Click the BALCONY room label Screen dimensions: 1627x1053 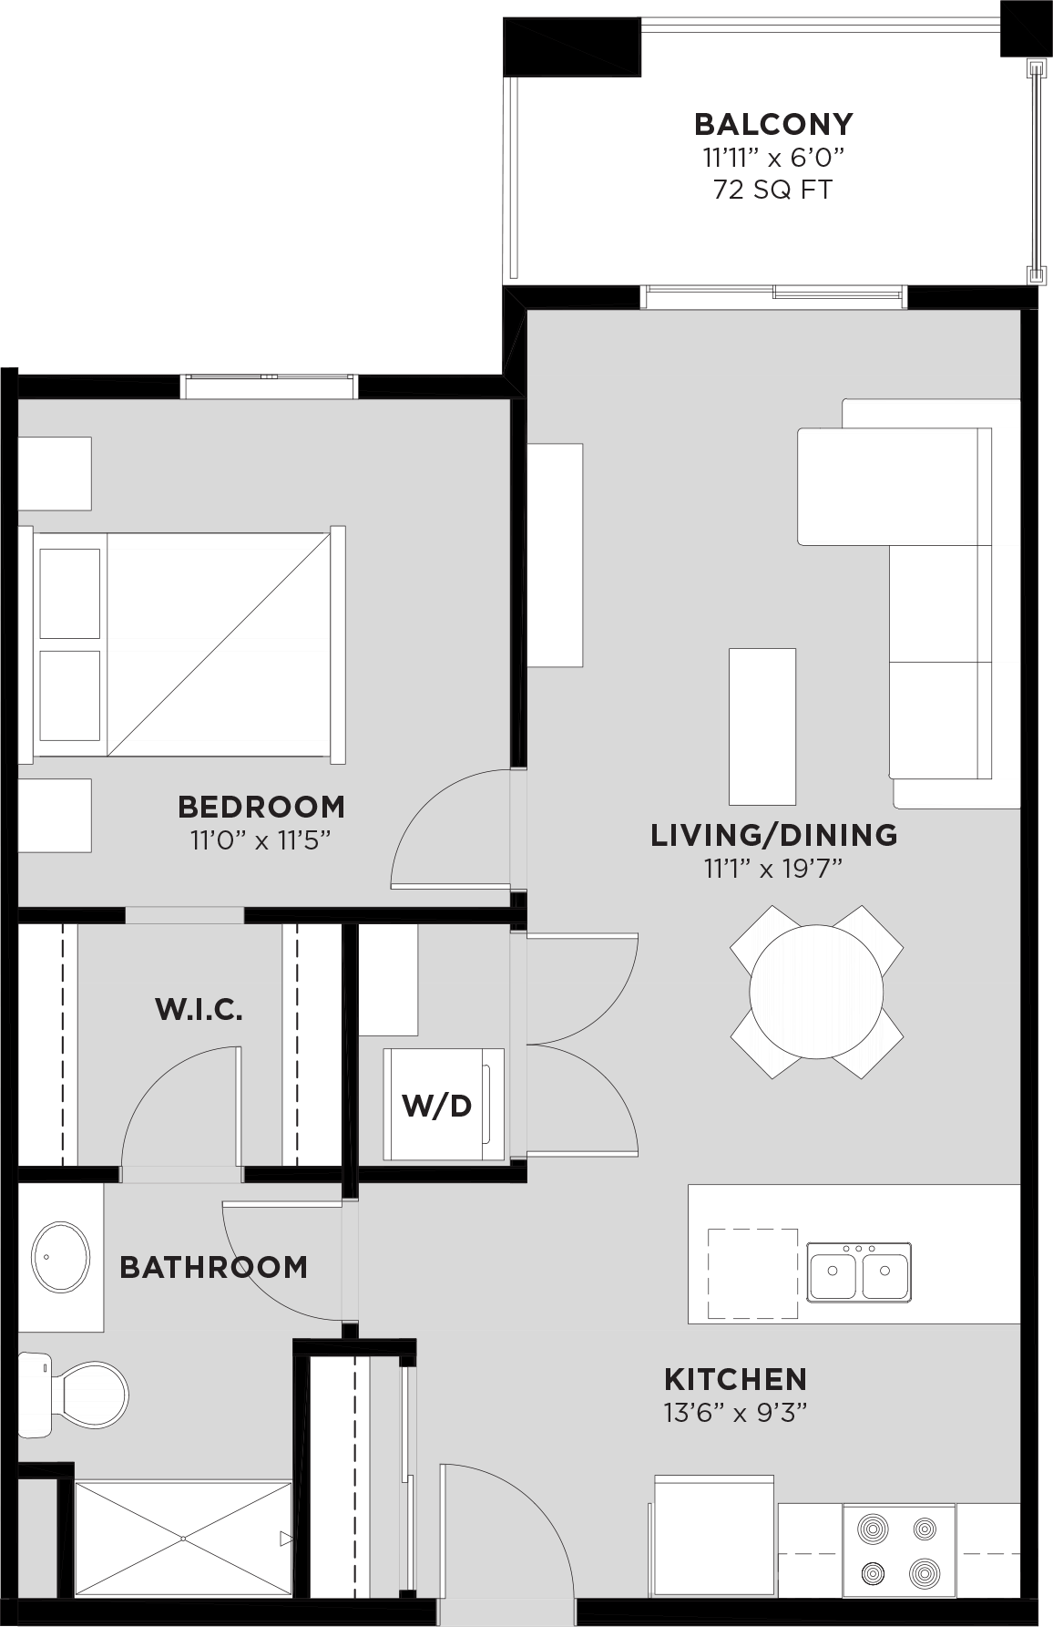coord(773,123)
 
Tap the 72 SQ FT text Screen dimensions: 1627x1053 coord(773,190)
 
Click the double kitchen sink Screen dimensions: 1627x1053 coord(859,1271)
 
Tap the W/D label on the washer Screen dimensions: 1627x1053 coord(437,1106)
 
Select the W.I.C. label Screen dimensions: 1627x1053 coord(199,1009)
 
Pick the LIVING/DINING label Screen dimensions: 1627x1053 coord(773,834)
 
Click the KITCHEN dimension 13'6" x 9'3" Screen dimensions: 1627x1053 coord(735,1413)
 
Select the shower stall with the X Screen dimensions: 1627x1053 coord(183,1539)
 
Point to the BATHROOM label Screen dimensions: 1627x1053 coord(213,1267)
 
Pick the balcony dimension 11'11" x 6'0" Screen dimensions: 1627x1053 coord(773,157)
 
